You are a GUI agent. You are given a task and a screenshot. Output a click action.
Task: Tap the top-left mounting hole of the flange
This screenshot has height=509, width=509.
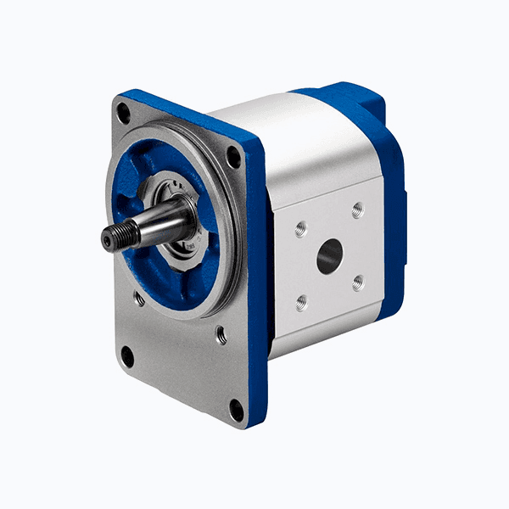124,109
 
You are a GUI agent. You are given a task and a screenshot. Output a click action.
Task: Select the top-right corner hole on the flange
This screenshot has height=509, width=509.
233,157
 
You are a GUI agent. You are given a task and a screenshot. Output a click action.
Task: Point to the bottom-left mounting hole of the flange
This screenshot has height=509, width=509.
127,357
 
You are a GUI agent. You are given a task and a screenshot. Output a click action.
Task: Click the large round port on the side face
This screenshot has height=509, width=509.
329,255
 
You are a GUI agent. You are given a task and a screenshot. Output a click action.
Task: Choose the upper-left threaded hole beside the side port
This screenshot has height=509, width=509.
300,228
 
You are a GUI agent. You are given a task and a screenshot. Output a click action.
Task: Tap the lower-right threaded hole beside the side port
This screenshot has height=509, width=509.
358,282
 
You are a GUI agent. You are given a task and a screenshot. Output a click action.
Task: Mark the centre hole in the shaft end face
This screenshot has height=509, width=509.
106,241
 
